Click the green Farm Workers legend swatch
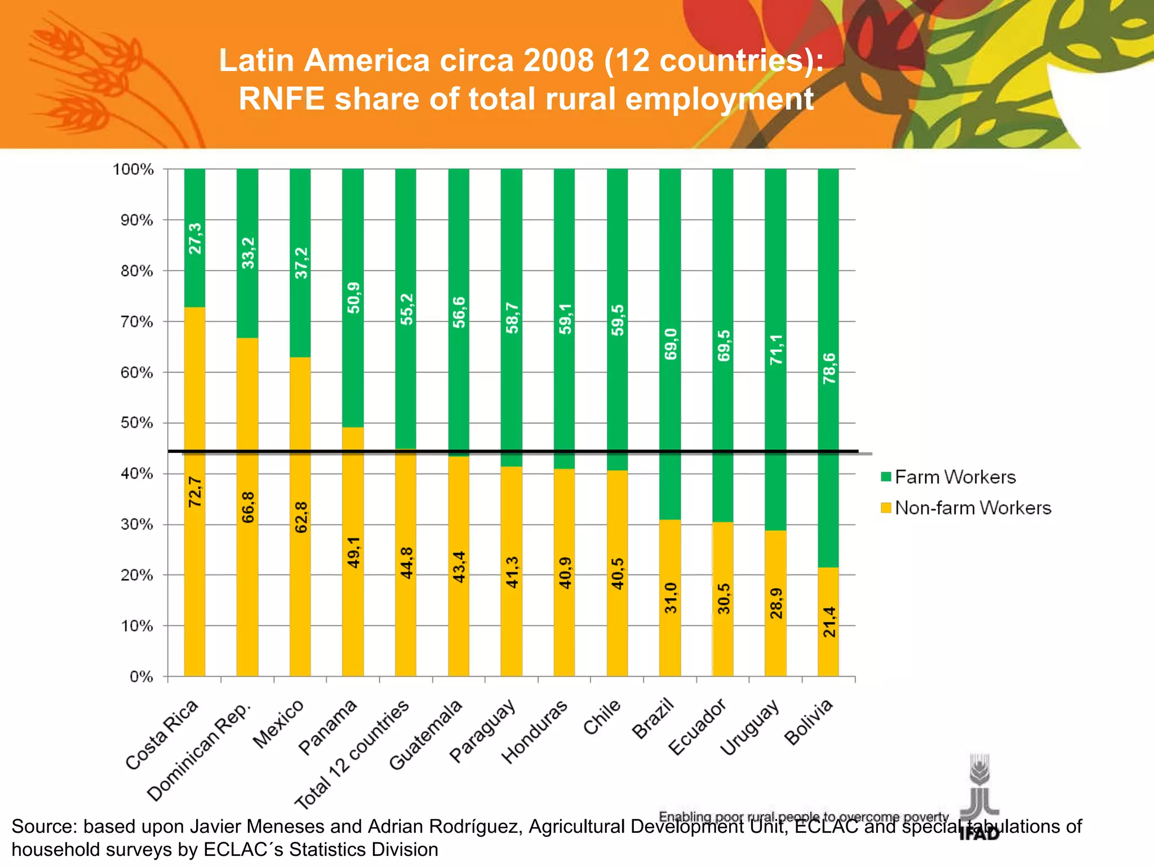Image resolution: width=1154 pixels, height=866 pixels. pos(886,477)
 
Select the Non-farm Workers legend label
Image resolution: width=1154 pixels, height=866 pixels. pos(973,508)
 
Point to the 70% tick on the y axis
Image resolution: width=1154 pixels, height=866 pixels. pos(136,322)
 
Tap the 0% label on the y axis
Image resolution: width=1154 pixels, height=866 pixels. pos(141,677)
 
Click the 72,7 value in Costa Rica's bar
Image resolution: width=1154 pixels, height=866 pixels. pos(194,492)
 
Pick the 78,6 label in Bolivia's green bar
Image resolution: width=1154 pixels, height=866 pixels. pos(829,369)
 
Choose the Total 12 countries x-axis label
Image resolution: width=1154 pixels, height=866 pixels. pos(352,755)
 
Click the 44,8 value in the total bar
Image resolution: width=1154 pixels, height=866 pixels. pos(406,563)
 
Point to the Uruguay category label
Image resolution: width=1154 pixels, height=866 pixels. pos(750,727)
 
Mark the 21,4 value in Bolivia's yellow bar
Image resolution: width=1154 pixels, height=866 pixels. pos(829,622)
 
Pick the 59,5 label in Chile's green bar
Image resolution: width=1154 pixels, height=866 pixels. pos(618,320)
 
